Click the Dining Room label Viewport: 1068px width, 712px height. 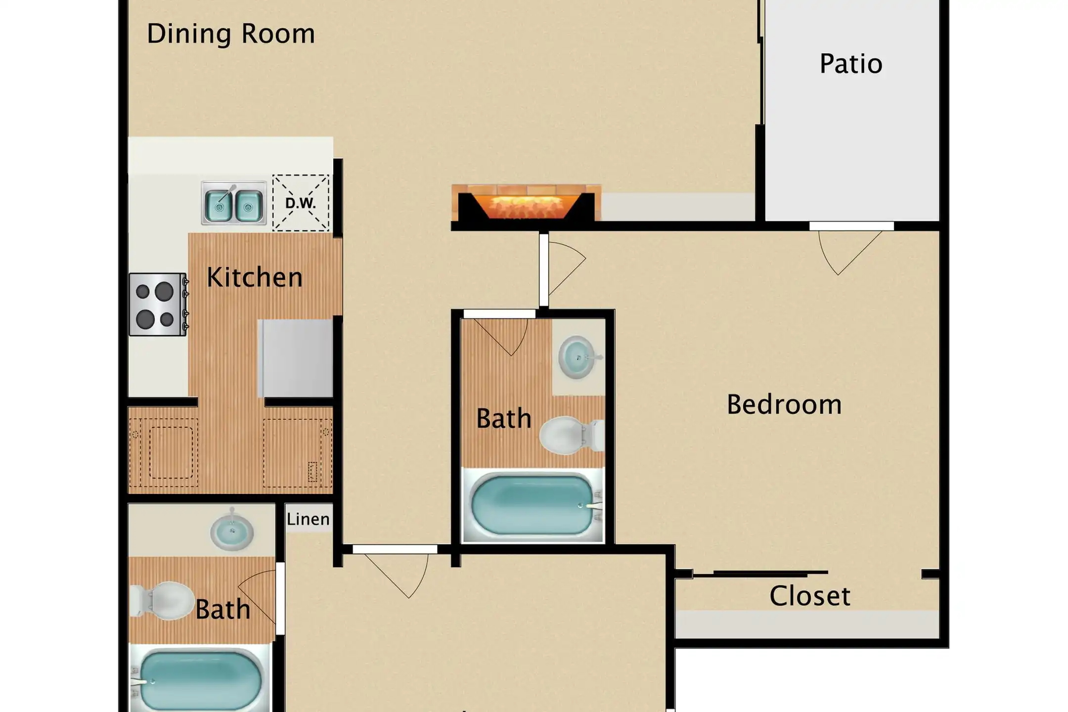[x=231, y=34]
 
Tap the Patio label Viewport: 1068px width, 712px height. [x=851, y=64]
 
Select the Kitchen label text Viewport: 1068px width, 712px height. [x=255, y=277]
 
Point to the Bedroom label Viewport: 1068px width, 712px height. [x=784, y=404]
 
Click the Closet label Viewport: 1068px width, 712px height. [x=810, y=595]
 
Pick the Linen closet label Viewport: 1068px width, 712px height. [x=308, y=519]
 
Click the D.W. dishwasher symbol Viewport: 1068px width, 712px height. [x=301, y=203]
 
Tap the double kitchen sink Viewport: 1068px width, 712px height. [x=234, y=203]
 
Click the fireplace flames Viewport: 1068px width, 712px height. [x=526, y=207]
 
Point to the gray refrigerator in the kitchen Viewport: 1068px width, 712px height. [x=296, y=358]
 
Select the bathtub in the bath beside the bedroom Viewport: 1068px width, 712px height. [x=533, y=505]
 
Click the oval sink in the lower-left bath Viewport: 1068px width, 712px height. [x=232, y=532]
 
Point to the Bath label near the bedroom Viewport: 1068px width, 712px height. [x=504, y=418]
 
